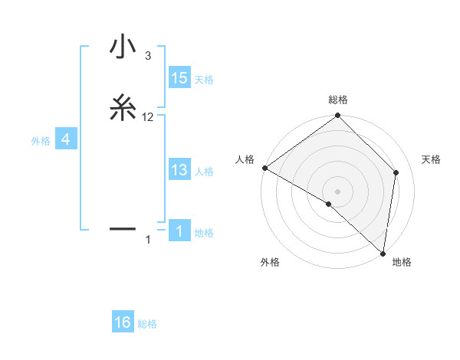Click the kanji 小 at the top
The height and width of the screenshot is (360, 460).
click(123, 47)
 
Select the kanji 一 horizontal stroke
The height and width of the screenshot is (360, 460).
click(123, 228)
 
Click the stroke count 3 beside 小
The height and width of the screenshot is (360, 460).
click(147, 56)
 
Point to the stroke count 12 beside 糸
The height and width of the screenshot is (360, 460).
click(148, 117)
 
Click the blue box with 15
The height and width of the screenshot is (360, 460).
click(179, 78)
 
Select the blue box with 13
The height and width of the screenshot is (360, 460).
click(179, 170)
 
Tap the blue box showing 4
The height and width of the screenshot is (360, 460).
click(66, 139)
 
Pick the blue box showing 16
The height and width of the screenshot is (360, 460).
click(123, 323)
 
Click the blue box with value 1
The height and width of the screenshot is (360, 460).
click(179, 232)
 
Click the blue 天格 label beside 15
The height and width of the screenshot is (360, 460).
click(204, 79)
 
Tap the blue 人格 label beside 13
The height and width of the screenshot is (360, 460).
click(204, 171)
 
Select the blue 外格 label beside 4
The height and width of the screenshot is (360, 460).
click(41, 140)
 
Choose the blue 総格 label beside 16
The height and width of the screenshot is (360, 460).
click(147, 324)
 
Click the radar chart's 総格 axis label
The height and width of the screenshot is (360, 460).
click(338, 100)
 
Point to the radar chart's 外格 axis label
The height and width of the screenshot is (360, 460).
click(270, 263)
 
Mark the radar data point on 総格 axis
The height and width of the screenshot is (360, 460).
click(338, 116)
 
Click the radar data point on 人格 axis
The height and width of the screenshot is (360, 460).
click(264, 168)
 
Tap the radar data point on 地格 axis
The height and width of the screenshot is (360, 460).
click(383, 253)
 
